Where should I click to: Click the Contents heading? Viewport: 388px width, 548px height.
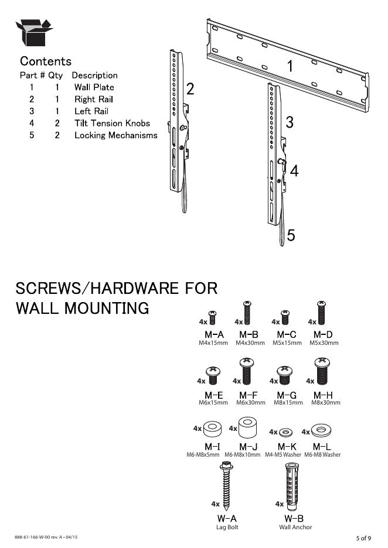(46, 61)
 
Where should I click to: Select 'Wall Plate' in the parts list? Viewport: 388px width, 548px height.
(94, 87)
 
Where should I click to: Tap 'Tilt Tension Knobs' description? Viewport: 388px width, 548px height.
(112, 123)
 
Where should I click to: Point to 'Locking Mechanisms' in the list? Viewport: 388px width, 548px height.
(115, 135)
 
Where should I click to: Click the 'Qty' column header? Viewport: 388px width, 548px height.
(55, 75)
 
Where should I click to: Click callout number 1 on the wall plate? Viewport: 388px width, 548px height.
(290, 66)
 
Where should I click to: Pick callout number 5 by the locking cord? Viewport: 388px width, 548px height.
(291, 235)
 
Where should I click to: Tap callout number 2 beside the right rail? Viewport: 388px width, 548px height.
(190, 89)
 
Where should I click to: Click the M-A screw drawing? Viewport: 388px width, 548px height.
(213, 317)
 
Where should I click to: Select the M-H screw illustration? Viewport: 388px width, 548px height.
(321, 371)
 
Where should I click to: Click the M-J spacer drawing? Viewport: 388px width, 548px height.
(249, 429)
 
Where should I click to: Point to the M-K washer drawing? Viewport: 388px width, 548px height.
(285, 432)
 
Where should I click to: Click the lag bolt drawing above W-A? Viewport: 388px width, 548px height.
(227, 485)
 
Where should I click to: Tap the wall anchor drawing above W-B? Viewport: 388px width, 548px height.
(293, 485)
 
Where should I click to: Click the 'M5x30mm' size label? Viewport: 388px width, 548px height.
(324, 342)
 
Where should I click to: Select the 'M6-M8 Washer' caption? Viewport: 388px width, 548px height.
(322, 454)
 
